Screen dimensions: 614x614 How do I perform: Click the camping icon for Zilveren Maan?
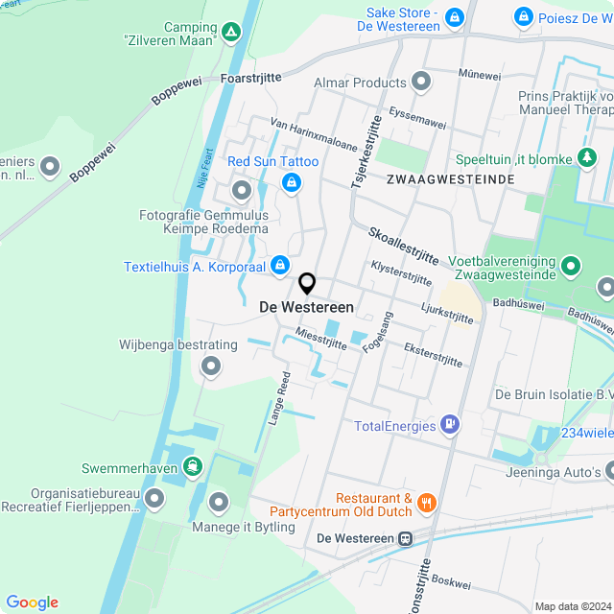click(x=230, y=34)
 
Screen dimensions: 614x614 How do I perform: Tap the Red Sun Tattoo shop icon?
click(x=291, y=181)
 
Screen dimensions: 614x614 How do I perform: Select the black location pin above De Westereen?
click(x=307, y=284)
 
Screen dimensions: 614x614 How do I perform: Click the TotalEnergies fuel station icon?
click(x=448, y=425)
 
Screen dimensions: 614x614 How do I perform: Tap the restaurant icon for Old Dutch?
click(x=427, y=502)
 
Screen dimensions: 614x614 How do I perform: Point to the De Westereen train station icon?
click(x=407, y=538)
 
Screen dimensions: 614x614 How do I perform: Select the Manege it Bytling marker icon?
click(x=220, y=501)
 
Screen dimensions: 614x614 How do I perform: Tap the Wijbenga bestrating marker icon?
click(x=210, y=366)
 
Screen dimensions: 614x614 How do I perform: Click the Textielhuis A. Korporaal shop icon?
click(x=279, y=264)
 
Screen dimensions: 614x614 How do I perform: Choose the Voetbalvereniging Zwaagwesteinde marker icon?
click(x=571, y=265)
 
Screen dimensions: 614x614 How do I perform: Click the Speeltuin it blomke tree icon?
click(x=587, y=157)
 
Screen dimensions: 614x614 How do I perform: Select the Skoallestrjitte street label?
click(x=403, y=247)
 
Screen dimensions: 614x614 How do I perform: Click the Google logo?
click(x=32, y=602)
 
